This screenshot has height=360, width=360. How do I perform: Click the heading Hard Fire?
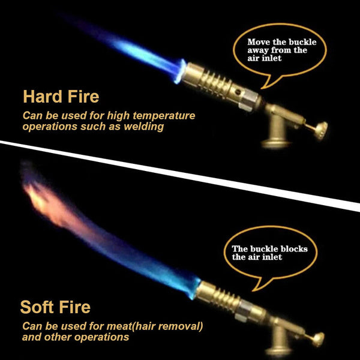pos(61,97)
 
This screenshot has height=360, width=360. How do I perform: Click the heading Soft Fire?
pos(55,308)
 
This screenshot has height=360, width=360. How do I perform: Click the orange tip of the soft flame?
pos(42,198)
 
